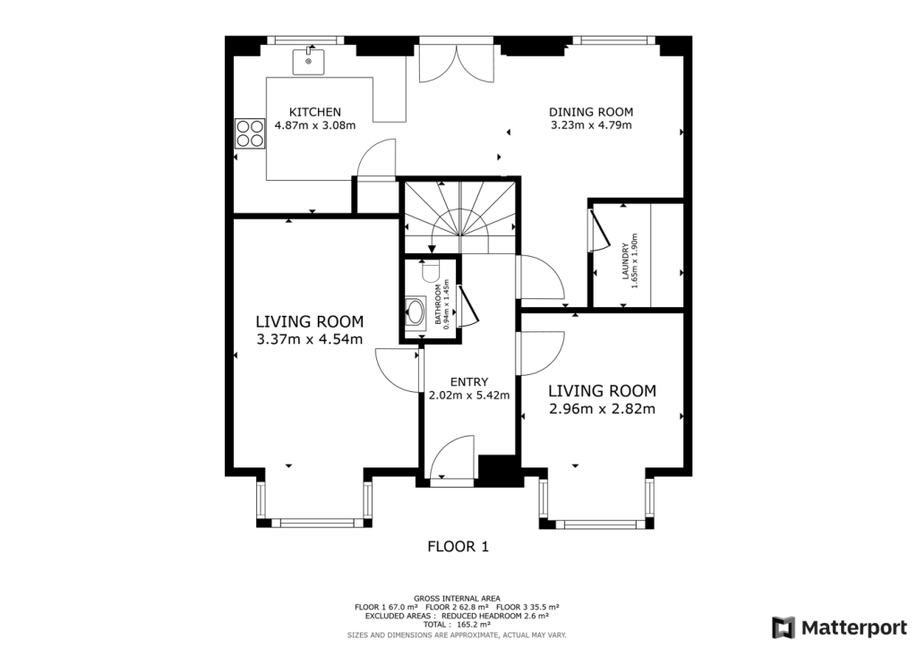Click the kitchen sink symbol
point(307,62)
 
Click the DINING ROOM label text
point(591,112)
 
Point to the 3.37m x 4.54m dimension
point(309,339)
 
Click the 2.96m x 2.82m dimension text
point(602,410)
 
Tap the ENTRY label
point(469,381)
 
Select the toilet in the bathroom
point(427,271)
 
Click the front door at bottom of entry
point(453,460)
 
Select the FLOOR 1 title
point(458,546)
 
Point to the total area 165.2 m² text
point(458,625)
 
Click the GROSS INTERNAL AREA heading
point(458,598)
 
